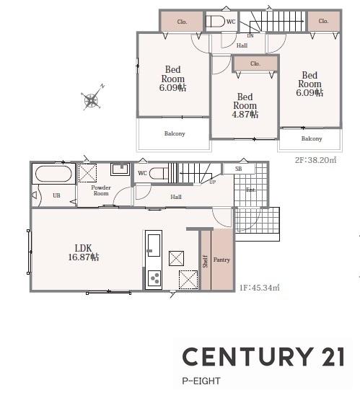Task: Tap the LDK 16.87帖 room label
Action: [84, 252]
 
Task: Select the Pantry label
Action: [221, 260]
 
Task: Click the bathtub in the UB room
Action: [53, 174]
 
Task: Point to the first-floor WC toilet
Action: [159, 174]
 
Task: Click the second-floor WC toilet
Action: [215, 22]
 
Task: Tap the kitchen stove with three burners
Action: [154, 278]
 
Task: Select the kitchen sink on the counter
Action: [154, 245]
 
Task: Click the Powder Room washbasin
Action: [120, 169]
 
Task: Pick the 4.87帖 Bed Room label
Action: [245, 105]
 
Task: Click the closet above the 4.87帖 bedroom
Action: [255, 63]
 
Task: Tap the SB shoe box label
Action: [238, 169]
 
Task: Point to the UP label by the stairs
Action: [212, 182]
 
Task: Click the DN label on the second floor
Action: [250, 36]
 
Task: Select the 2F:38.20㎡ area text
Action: [315, 160]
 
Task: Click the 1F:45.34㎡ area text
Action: [260, 288]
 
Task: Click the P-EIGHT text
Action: [201, 381]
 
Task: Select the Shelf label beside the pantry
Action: [206, 262]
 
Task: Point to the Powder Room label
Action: [101, 190]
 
